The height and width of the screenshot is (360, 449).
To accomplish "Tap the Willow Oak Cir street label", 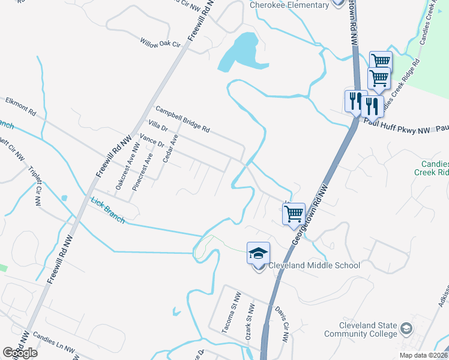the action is [x=160, y=43].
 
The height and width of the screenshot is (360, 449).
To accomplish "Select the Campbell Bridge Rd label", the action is [x=182, y=119].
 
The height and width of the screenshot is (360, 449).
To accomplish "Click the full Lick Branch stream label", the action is [x=108, y=211].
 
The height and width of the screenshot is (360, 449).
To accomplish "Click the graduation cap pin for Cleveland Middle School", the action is [x=258, y=254].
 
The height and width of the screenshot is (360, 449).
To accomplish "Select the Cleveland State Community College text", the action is [x=360, y=329].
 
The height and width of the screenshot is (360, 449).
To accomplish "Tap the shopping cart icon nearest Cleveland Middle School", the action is [x=294, y=213].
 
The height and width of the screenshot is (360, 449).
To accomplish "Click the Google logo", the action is [x=20, y=353].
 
